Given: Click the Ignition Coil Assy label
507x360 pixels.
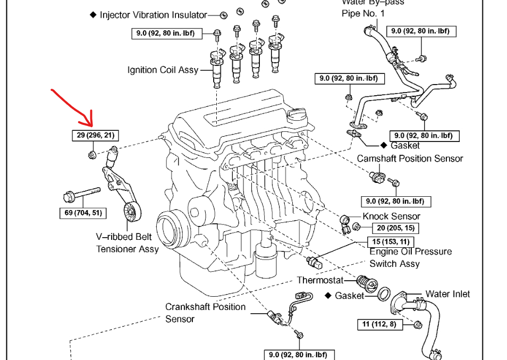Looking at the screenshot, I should coord(163,70).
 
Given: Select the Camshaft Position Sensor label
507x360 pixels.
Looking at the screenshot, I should coord(410,158).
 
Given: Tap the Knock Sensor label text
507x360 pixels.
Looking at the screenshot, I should coord(391,216).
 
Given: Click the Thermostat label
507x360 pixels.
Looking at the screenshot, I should coord(320,280).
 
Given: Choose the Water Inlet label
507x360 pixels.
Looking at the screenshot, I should coord(447,294).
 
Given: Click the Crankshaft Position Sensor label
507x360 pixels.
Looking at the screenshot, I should coord(205,313).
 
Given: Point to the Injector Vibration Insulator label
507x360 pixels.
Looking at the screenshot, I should coord(153,15).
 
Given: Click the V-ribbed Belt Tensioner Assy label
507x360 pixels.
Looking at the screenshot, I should coord(127,243).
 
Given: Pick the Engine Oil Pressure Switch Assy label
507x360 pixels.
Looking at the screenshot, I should coord(410,257).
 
